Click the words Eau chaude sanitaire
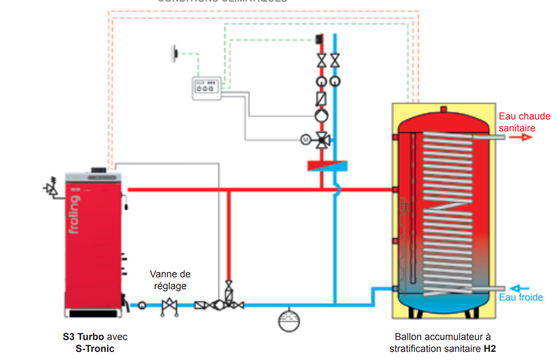click(x=524, y=122)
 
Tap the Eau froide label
click(x=521, y=297)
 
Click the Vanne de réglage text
click(x=170, y=280)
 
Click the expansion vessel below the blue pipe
click(x=288, y=319)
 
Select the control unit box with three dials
click(x=205, y=88)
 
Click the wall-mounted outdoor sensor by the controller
click(x=176, y=53)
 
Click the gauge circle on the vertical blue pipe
click(x=335, y=82)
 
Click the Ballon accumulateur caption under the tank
click(x=442, y=343)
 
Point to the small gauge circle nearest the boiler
click(x=142, y=305)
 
